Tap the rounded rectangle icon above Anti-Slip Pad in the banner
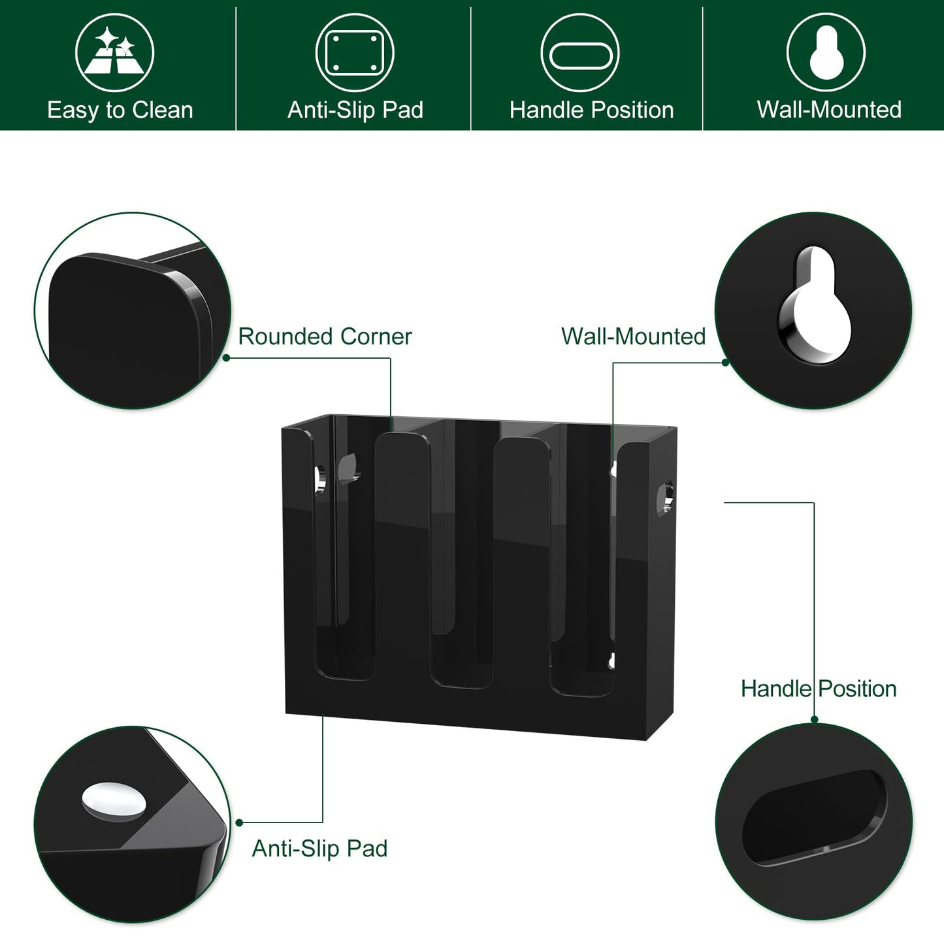pyautogui.click(x=355, y=52)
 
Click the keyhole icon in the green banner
pyautogui.click(x=826, y=52)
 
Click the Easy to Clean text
pyautogui.click(x=120, y=110)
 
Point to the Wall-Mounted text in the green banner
pyautogui.click(x=829, y=110)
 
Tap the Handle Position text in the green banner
pyautogui.click(x=591, y=110)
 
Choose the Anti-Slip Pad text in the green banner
pyautogui.click(x=355, y=110)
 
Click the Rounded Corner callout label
pyautogui.click(x=325, y=336)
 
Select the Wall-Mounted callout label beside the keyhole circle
pyautogui.click(x=633, y=336)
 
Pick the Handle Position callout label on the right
pyautogui.click(x=819, y=689)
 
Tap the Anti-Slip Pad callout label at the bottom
pyautogui.click(x=319, y=849)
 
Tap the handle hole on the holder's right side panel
pyautogui.click(x=665, y=498)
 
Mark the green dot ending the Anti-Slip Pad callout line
pyautogui.click(x=239, y=822)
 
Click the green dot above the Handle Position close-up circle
pyautogui.click(x=814, y=720)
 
